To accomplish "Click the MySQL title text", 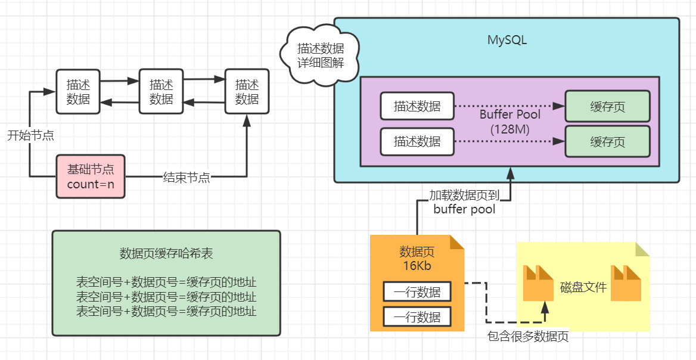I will click(507, 41).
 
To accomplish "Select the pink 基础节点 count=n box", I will click(91, 176).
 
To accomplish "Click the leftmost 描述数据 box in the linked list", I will click(78, 91).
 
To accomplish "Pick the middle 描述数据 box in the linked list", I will click(161, 91).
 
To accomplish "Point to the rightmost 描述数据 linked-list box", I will click(247, 91).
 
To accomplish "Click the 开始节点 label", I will click(30, 135).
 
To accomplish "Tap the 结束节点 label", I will click(187, 177).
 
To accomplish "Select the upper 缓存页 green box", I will click(607, 107).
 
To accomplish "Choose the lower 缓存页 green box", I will click(607, 141).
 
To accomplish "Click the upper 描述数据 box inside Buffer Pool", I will click(417, 107).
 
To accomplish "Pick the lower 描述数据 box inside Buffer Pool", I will click(417, 141).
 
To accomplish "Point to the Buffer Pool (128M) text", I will click(510, 121).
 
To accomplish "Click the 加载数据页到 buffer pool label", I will click(465, 202).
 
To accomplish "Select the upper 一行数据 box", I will click(417, 292).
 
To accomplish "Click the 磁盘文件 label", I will click(583, 287).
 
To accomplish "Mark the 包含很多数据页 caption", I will click(528, 337).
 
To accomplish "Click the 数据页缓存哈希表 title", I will click(166, 253).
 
